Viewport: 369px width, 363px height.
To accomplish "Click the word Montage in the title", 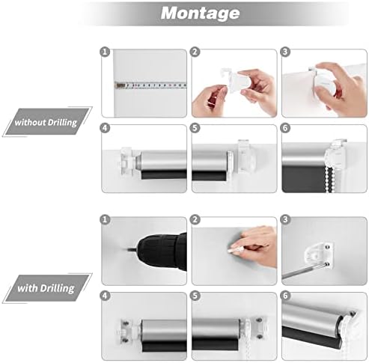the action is pos(200,13).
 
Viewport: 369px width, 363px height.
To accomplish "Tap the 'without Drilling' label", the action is pos(46,123).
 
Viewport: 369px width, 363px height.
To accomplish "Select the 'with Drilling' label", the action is pos(46,288).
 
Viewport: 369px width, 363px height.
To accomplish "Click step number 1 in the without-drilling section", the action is pos(105,52).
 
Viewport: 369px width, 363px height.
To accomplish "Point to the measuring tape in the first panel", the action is pos(150,85).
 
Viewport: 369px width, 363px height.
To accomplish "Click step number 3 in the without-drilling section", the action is pos(285,52).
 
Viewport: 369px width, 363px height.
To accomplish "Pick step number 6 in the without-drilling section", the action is pos(285,128).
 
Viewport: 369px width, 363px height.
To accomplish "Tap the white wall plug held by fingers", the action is pos(234,250).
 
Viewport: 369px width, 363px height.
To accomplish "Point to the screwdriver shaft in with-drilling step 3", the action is pos(304,272).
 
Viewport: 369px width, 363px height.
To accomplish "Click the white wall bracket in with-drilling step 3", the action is pos(319,255).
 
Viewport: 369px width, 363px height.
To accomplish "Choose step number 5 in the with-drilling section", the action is pos(195,296).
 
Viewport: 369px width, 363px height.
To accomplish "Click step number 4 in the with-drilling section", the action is pos(105,296).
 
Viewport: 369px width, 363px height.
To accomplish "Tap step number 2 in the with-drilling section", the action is pos(195,219).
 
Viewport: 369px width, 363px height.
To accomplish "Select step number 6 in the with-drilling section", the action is pos(285,296).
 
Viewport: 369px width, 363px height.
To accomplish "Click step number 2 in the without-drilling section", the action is pos(195,52).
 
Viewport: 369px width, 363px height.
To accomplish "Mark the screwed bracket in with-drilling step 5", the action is pos(257,328).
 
